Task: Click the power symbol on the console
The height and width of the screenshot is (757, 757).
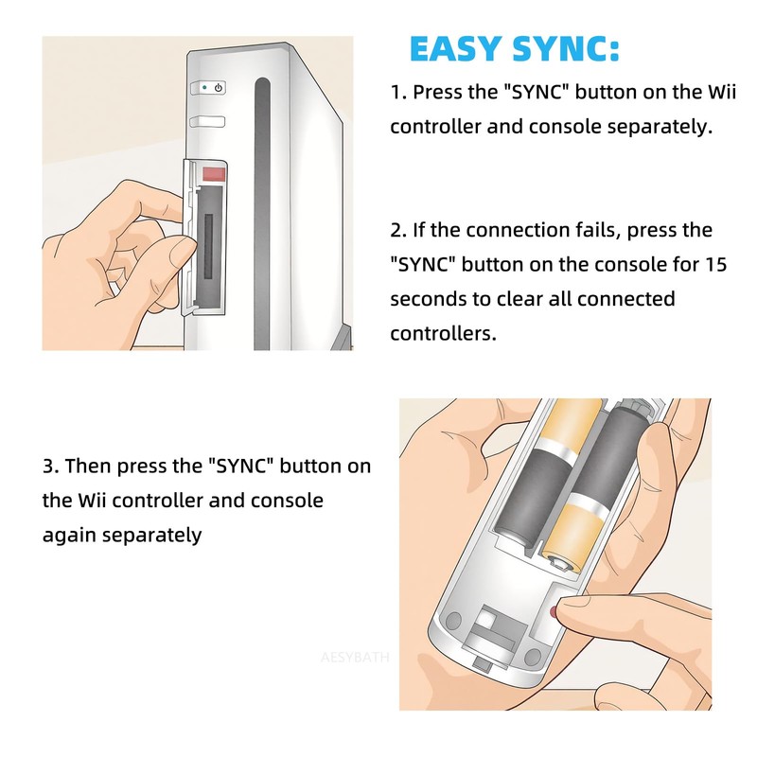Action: [219, 87]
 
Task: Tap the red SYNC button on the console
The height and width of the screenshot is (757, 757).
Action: [212, 174]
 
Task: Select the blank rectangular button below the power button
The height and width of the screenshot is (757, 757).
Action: [207, 121]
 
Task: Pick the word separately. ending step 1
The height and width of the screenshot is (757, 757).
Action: [658, 127]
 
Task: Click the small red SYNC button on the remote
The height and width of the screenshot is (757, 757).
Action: [554, 611]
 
